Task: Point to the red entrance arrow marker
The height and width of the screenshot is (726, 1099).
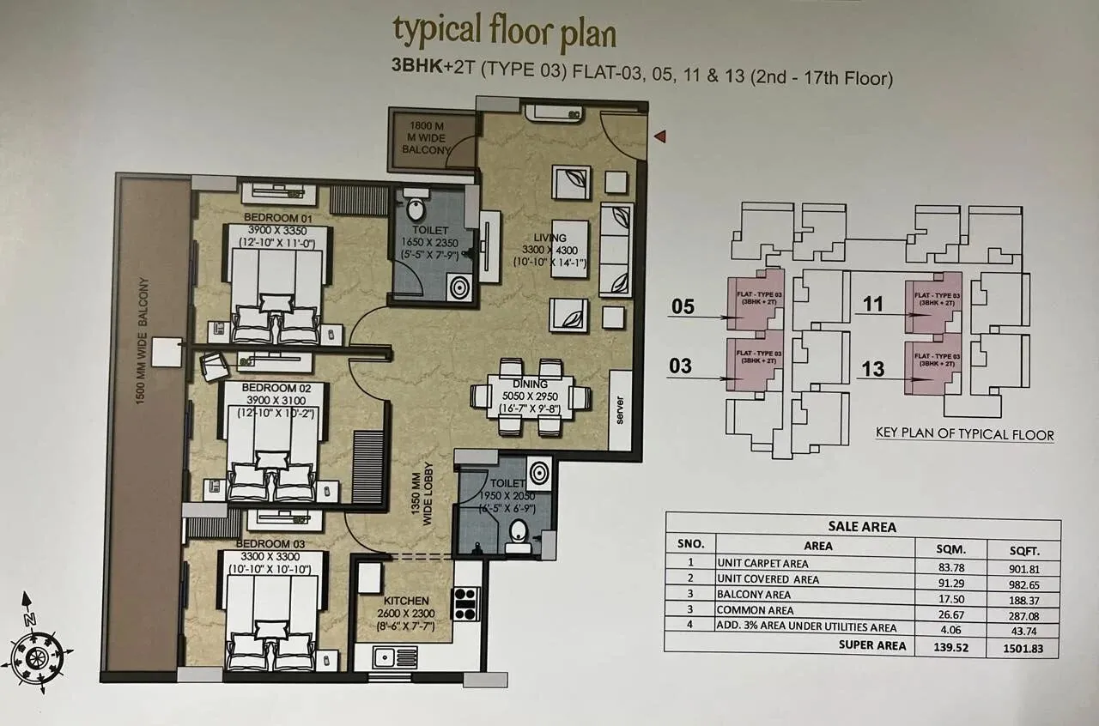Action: click(x=660, y=136)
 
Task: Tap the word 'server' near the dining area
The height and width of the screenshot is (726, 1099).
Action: click(x=619, y=408)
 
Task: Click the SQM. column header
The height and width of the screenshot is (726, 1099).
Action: click(x=950, y=544)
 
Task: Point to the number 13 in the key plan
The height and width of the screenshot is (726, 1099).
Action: click(x=872, y=370)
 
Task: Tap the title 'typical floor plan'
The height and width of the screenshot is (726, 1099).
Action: click(x=504, y=31)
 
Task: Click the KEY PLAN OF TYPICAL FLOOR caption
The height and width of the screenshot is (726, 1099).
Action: click(x=964, y=434)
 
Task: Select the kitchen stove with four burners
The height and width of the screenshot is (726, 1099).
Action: click(x=464, y=602)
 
